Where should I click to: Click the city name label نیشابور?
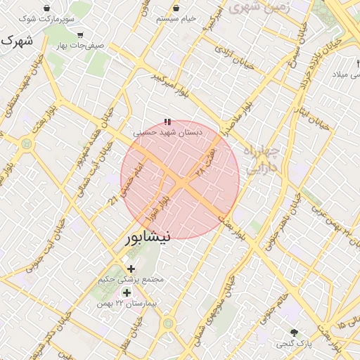147,237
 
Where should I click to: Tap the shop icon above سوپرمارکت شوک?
46,8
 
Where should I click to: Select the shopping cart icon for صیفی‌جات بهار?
81,34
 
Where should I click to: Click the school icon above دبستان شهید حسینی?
167,122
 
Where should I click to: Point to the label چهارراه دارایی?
261,159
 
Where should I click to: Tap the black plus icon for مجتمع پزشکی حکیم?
131,269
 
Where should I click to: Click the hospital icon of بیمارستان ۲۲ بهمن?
127,292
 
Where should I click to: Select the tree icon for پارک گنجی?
294,332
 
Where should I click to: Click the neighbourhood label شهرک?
15,40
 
